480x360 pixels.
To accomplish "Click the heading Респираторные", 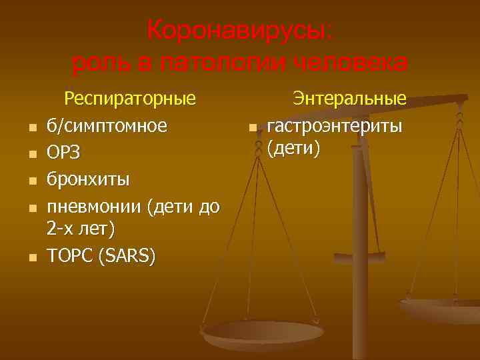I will pyautogui.click(x=129, y=99).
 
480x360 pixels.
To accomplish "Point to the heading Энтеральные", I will pyautogui.click(x=350, y=99).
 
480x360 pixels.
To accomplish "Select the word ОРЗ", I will pyautogui.click(x=63, y=153).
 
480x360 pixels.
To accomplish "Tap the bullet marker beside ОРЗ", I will pyautogui.click(x=31, y=155).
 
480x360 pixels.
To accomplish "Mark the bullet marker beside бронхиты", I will pyautogui.click(x=31, y=181).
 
